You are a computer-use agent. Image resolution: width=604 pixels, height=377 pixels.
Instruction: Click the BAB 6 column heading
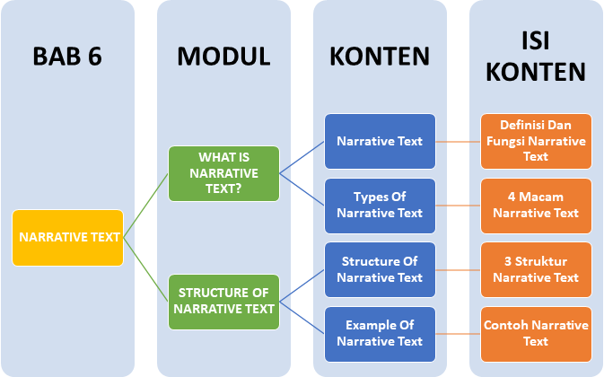[x=67, y=57]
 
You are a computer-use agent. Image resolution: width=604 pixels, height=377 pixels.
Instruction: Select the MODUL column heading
[x=223, y=57]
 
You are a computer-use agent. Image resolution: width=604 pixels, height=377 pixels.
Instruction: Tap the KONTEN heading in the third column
[x=380, y=57]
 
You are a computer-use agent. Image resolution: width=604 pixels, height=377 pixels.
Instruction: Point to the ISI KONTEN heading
[x=536, y=57]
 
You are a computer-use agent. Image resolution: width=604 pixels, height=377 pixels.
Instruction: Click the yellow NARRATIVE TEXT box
[x=67, y=239]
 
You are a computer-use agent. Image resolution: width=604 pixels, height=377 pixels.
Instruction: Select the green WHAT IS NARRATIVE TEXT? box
[x=223, y=173]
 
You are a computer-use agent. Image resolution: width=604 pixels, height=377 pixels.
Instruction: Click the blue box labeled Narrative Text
[x=380, y=142]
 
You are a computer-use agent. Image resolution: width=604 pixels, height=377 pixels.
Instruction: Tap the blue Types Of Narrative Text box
[x=380, y=206]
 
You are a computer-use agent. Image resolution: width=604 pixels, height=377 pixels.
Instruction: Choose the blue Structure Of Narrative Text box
[x=380, y=269]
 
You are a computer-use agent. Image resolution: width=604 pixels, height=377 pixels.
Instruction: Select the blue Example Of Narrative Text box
[x=380, y=333]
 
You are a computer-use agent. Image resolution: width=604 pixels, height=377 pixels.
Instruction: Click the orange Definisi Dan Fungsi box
[x=536, y=142]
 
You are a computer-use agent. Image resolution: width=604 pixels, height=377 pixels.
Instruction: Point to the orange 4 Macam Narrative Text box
[x=536, y=206]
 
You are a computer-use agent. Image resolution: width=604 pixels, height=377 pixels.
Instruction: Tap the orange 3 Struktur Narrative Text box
[x=536, y=269]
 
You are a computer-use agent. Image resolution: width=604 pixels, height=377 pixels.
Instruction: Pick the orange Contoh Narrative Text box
[x=536, y=333]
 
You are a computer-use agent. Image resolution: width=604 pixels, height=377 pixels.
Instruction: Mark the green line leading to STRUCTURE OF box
[x=145, y=270]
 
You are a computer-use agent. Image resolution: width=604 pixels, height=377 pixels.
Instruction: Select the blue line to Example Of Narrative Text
[x=302, y=317]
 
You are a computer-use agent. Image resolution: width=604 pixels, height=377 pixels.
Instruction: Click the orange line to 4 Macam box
[x=458, y=206]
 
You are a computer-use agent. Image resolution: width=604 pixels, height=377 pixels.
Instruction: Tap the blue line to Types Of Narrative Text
[x=302, y=189]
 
